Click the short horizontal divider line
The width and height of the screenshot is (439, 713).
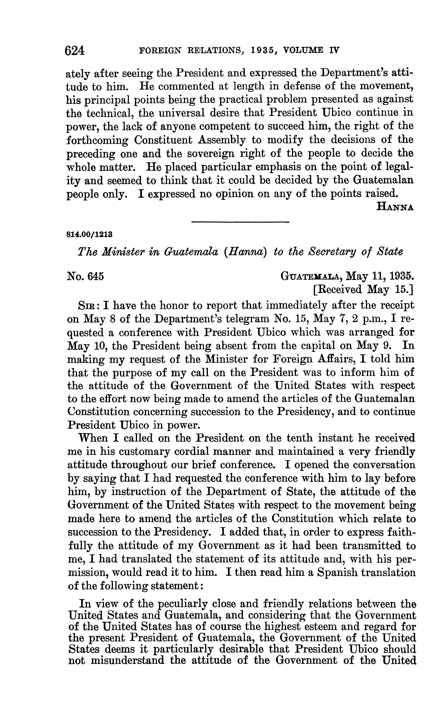[x=240, y=222]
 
